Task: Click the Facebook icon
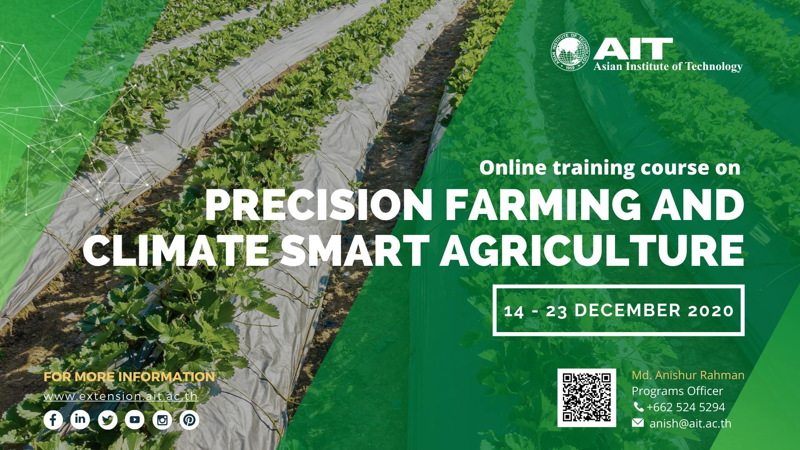coord(53,420)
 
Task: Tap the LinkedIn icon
coord(80,420)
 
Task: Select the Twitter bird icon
coord(107,420)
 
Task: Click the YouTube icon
coord(135,420)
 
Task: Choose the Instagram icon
coord(162,420)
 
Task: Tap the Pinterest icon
coord(189,420)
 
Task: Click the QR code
coord(587,397)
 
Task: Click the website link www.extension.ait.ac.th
coord(120,396)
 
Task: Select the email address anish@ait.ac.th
coord(690,423)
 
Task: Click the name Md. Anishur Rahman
coord(688,375)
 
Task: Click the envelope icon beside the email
coord(637,423)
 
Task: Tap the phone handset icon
coord(638,407)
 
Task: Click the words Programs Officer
coord(677,391)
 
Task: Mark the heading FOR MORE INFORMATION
coord(129,377)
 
